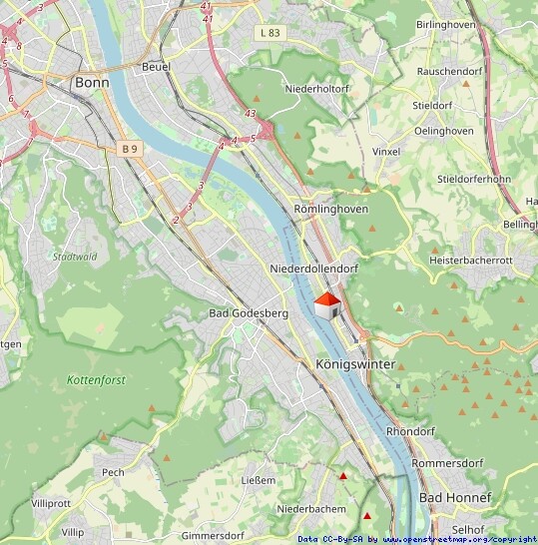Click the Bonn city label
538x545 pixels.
pos(92,82)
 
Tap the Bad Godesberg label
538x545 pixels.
pos(248,313)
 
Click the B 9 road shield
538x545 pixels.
pos(128,149)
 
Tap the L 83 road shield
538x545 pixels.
pos(269,33)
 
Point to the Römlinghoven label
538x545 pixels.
pos(331,209)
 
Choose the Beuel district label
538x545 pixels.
pos(157,67)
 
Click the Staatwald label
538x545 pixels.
pos(74,257)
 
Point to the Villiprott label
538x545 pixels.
pos(52,503)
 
